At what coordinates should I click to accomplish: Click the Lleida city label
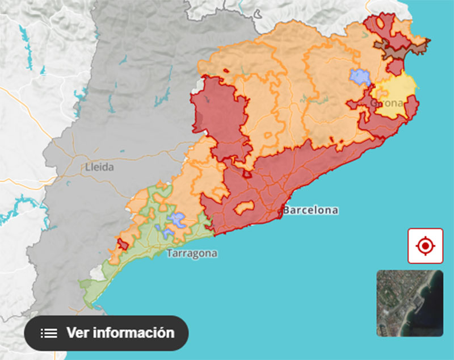pyautogui.click(x=99, y=168)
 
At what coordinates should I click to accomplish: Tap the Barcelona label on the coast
pyautogui.click(x=311, y=210)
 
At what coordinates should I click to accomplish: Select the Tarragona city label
pyautogui.click(x=192, y=253)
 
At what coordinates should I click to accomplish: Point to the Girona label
pyautogui.click(x=388, y=103)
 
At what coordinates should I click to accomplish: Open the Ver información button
pyautogui.click(x=106, y=333)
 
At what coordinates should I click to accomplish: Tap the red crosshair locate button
pyautogui.click(x=425, y=246)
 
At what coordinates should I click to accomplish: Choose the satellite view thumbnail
pyautogui.click(x=409, y=303)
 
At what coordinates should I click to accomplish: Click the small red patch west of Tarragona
pyautogui.click(x=121, y=244)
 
